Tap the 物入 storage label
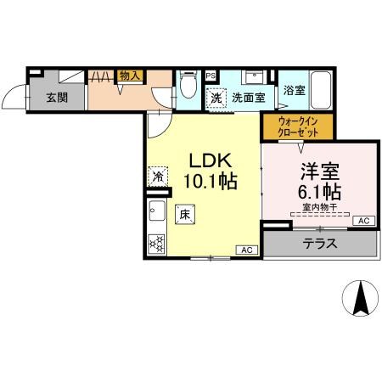point(129,76)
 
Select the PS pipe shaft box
point(210,76)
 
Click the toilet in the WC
point(188,88)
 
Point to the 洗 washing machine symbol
point(216,97)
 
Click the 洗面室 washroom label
point(249,97)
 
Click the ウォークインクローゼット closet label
point(297,126)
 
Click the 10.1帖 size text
point(209,180)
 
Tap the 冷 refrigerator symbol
point(159,177)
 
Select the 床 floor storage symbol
point(183,216)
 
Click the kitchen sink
point(156,211)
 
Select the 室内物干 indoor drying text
point(317,206)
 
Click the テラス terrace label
point(320,243)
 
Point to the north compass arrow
point(358,298)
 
